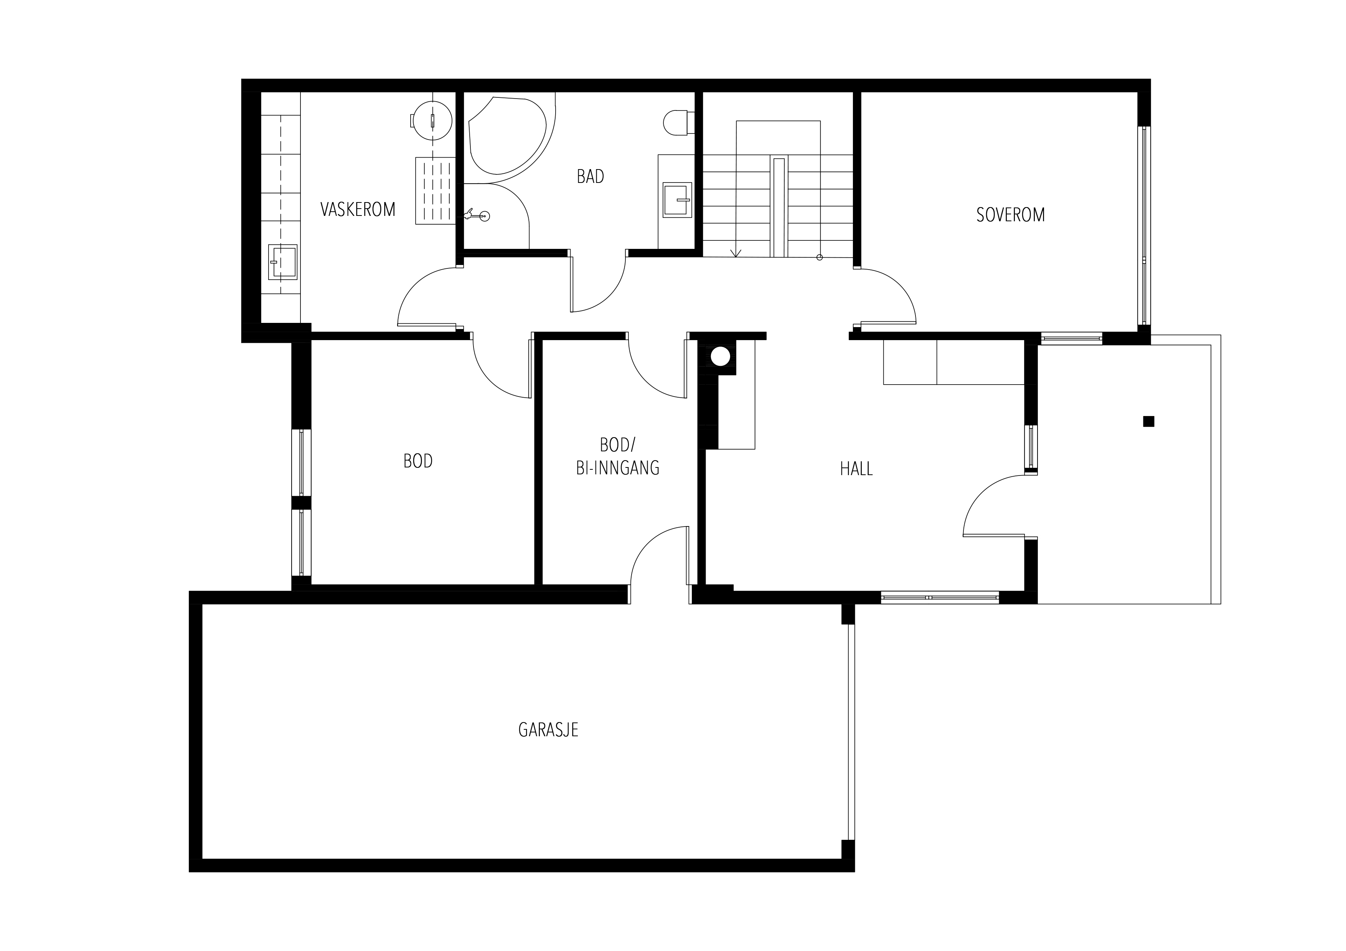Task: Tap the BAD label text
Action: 591,176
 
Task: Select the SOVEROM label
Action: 1011,215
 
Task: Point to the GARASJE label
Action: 548,729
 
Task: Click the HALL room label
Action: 856,469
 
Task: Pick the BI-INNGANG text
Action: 618,467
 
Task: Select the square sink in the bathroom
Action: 677,200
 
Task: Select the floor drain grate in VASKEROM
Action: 435,191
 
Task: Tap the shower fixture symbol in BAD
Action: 477,216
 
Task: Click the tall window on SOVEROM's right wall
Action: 1144,225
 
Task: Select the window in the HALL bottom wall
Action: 940,597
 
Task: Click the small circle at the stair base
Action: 820,257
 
